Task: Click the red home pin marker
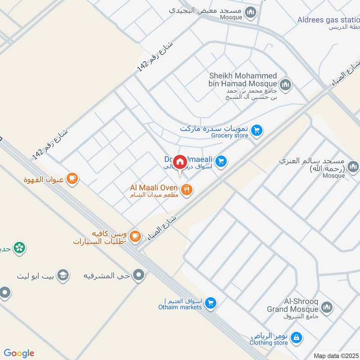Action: coord(180,162)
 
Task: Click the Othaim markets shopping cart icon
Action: coord(210,304)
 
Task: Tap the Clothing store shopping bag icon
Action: coord(296,337)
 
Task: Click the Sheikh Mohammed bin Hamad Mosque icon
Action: coord(285,84)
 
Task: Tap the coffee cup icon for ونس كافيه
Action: coord(134,235)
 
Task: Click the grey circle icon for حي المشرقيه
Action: coord(139,274)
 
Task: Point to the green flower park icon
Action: coord(19,247)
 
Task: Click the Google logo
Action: coord(19,353)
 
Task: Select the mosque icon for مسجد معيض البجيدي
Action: coord(251,11)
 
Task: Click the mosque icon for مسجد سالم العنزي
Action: coord(353,167)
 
